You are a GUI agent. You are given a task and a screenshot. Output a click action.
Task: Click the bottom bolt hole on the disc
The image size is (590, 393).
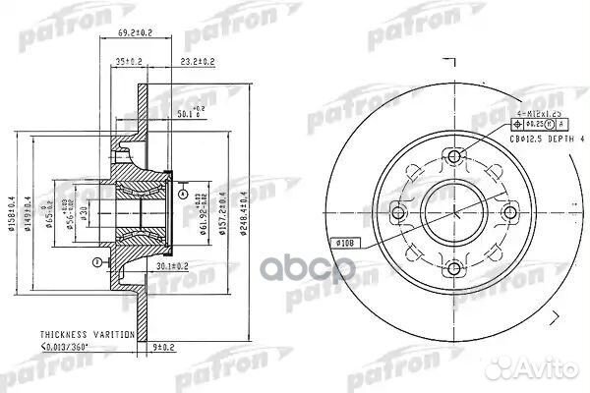pyautogui.click(x=452, y=266)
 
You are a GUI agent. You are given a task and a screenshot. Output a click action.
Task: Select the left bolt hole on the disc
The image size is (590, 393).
pyautogui.click(x=397, y=211)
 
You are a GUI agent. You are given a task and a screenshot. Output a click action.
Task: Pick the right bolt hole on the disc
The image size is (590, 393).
pyautogui.click(x=507, y=211)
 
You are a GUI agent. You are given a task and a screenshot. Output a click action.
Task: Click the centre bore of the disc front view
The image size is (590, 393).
pyautogui.click(x=452, y=211)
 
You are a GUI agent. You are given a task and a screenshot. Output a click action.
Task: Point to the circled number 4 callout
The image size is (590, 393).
pyautogui.click(x=184, y=194)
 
